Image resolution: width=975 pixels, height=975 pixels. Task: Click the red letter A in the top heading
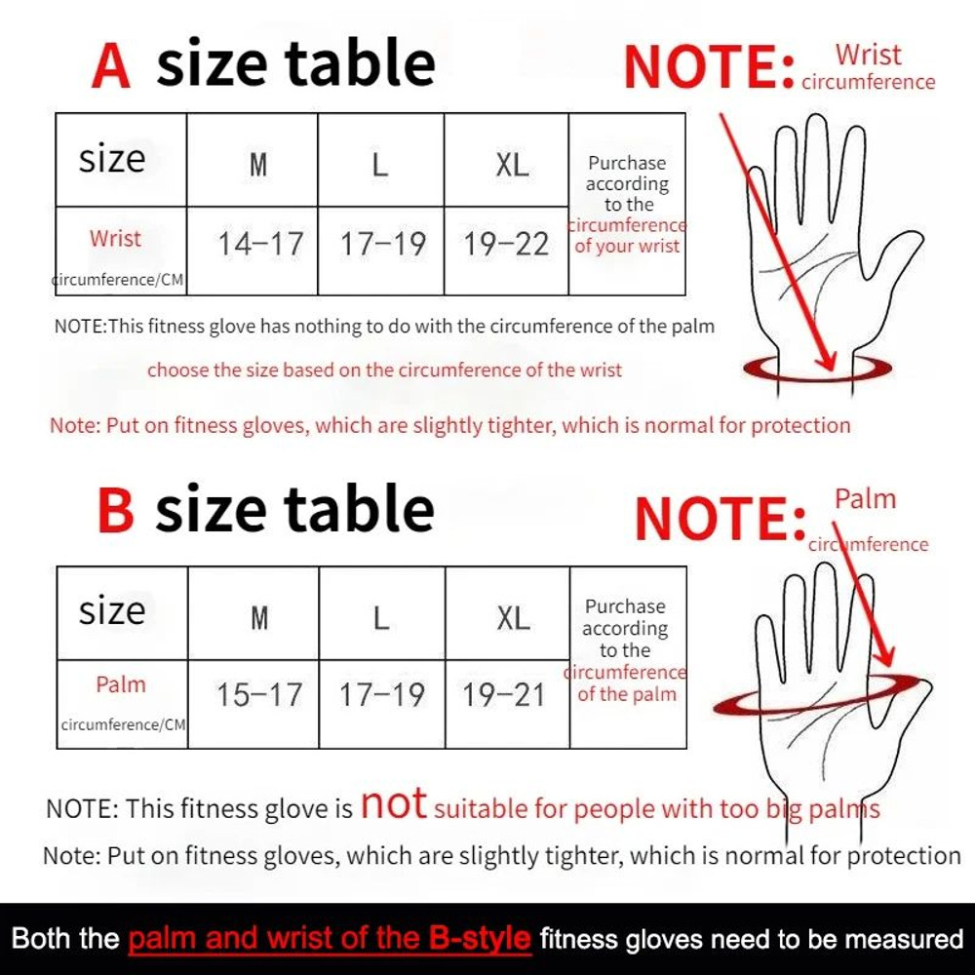110,64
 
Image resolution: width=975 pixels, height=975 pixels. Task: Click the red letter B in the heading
115,511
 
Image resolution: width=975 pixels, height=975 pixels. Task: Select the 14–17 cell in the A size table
260,244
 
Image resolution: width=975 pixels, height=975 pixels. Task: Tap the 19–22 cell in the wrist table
506,244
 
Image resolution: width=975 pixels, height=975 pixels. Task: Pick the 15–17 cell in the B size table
259,695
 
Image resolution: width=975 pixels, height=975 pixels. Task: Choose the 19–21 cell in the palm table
504,695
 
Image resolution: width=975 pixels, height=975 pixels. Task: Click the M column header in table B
258,617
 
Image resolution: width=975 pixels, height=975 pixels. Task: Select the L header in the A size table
380,164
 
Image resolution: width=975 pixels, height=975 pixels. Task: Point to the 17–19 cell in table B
381,695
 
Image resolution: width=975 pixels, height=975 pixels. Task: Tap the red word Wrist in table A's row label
115,238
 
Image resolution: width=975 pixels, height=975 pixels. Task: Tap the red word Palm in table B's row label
121,684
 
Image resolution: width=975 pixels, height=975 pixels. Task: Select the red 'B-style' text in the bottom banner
480,939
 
